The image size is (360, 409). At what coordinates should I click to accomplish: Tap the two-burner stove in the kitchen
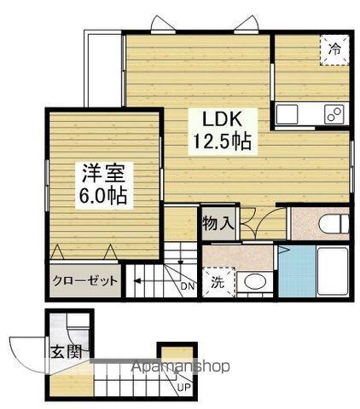[334, 112]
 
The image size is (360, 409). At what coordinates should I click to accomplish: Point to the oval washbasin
[253, 281]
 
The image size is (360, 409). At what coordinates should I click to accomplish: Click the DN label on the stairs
[188, 287]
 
